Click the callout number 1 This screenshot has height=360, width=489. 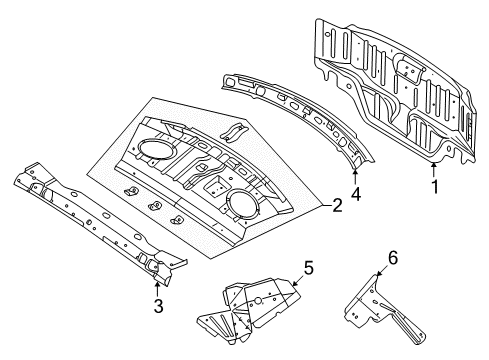(x=433, y=185)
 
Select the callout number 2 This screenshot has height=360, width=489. (x=338, y=207)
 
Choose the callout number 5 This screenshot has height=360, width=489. (x=307, y=267)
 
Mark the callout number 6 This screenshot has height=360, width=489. (x=392, y=257)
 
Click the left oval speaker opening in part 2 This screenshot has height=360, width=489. (x=151, y=148)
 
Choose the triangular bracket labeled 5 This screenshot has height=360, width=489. (x=255, y=300)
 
